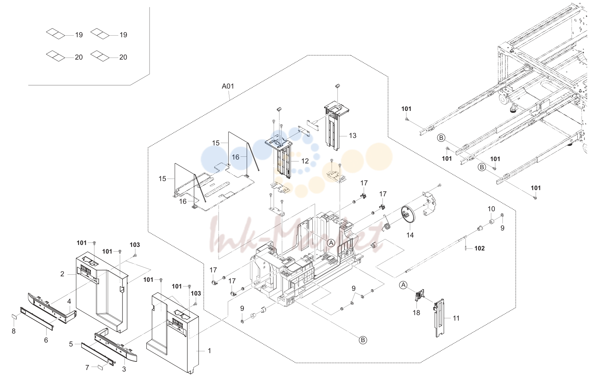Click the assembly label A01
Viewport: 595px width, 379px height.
pos(228,86)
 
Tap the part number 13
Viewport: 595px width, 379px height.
pos(352,136)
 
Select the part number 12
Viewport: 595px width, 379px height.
pos(305,161)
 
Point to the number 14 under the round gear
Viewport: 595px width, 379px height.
pos(410,235)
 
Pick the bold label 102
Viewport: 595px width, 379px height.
pos(480,248)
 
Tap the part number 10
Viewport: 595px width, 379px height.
pos(491,209)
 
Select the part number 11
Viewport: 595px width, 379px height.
pos(456,318)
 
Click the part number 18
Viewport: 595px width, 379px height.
pos(416,313)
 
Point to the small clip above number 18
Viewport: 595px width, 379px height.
pos(419,295)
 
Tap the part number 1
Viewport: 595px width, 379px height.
pos(209,351)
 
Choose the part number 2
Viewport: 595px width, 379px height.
pos(62,274)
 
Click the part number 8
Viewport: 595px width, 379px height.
pos(14,331)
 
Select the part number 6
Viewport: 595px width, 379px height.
pos(46,340)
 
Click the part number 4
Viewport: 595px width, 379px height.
pos(69,301)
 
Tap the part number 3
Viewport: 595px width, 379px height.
pos(124,369)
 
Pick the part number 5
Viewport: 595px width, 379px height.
pos(71,344)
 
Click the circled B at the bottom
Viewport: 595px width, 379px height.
pos(363,340)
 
